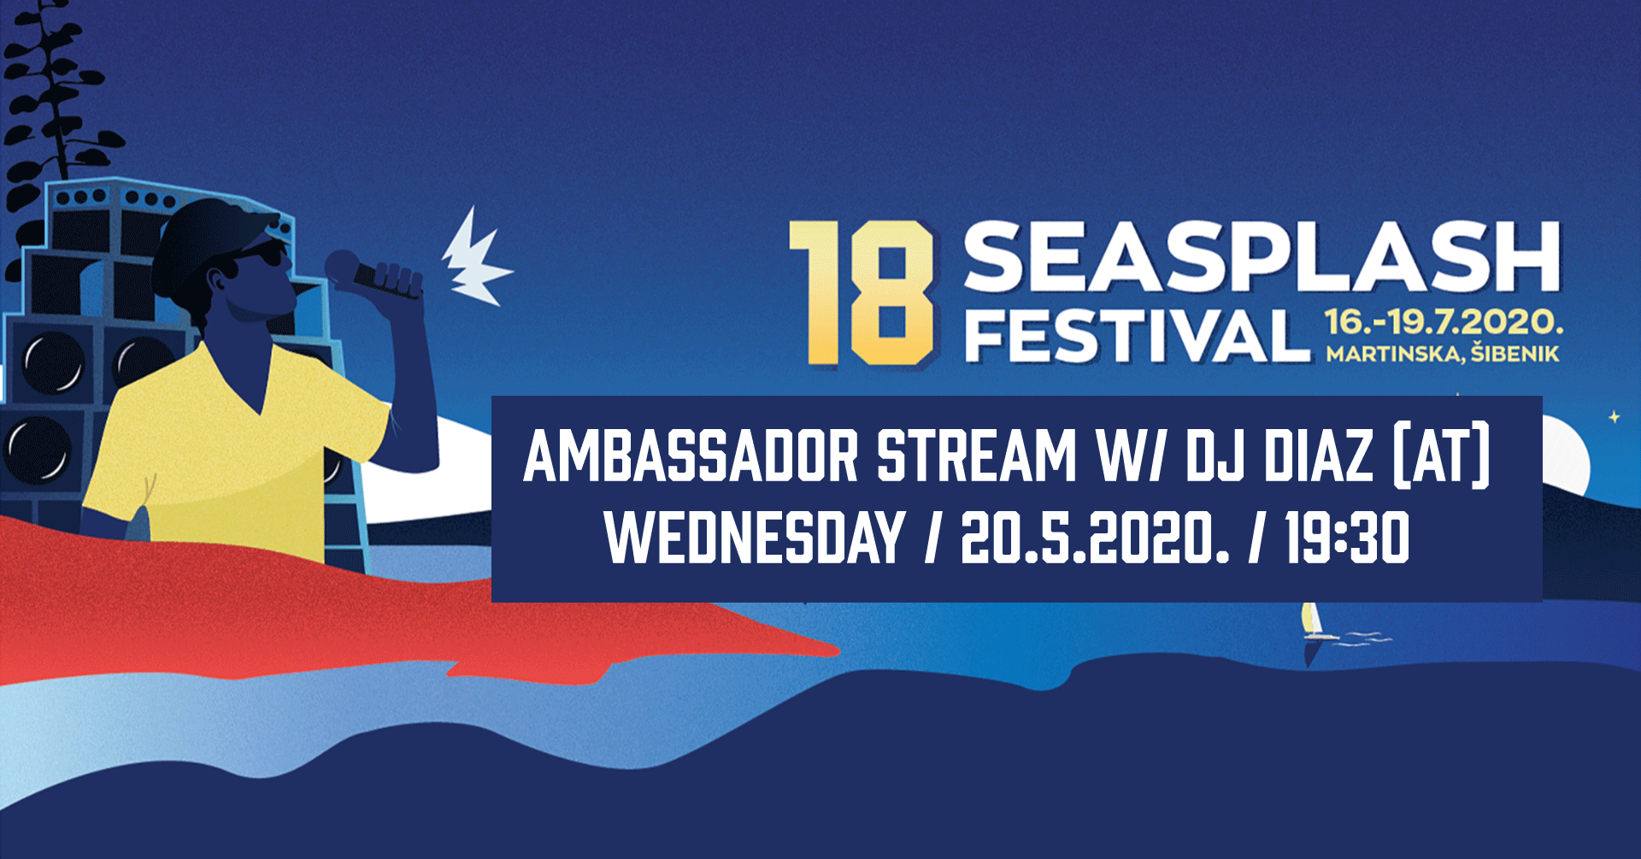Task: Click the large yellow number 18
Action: (x=862, y=293)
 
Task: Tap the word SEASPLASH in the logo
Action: (x=1262, y=256)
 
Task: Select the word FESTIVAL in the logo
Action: (x=1137, y=336)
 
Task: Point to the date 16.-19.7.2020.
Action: (x=1444, y=322)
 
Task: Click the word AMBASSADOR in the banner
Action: (x=691, y=456)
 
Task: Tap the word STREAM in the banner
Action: (x=977, y=456)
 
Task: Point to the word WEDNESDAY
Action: (x=756, y=538)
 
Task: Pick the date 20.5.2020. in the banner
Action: (x=1095, y=538)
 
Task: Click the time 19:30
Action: (x=1348, y=538)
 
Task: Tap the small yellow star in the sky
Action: (x=1615, y=417)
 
